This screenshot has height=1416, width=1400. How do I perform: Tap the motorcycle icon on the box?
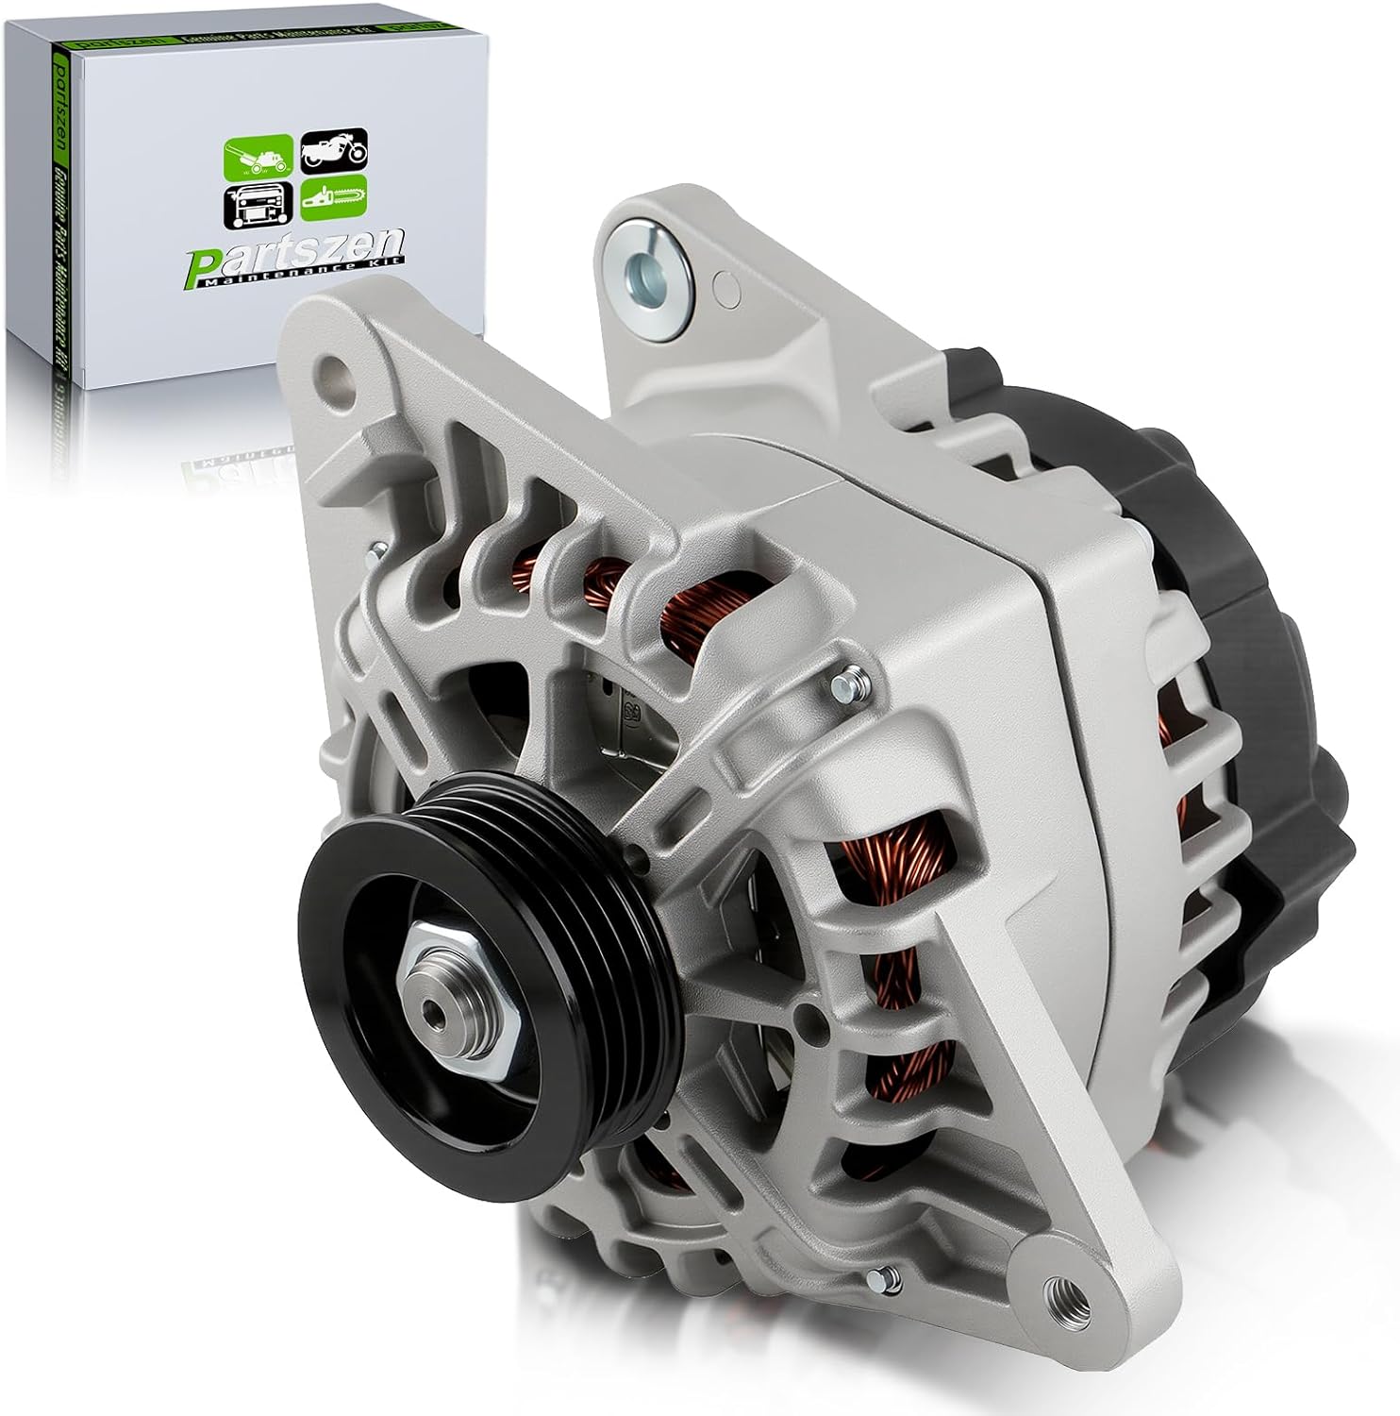pyautogui.click(x=333, y=151)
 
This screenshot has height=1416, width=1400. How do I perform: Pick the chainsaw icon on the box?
pyautogui.click(x=335, y=198)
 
